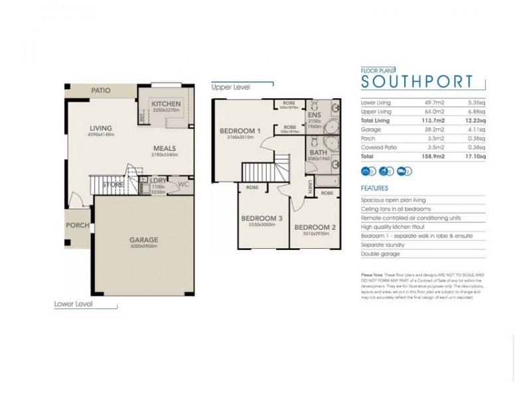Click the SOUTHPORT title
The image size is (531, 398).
coord(416,82)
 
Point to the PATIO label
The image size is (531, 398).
coord(100,90)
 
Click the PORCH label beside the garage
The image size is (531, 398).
coord(77,225)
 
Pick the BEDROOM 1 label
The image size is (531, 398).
coord(240,131)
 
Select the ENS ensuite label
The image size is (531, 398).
coord(313,114)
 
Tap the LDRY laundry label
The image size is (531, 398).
coord(157,180)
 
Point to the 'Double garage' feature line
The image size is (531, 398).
coord(381,253)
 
